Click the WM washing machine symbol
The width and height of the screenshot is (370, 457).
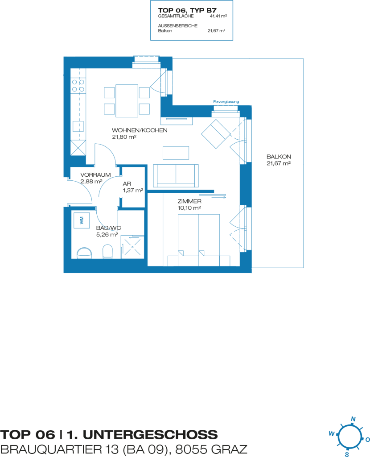tap(82, 220)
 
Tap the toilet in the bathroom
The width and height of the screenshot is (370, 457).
tap(107, 251)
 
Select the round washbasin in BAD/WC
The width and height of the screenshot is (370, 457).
tap(84, 253)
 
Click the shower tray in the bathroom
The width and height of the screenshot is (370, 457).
tap(132, 246)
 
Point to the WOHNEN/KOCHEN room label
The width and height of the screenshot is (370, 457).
tap(140, 130)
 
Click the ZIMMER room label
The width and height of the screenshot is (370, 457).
tap(189, 201)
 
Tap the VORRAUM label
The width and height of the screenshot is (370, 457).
tap(95, 174)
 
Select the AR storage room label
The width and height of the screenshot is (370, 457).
tap(127, 183)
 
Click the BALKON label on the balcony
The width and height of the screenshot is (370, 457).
tap(279, 157)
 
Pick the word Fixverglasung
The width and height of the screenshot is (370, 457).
tap(226, 102)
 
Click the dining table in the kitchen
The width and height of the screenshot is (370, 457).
tap(127, 101)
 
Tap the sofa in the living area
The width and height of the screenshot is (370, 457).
tap(176, 175)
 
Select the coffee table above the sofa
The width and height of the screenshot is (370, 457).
tap(176, 153)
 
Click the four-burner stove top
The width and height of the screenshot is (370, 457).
tap(78, 86)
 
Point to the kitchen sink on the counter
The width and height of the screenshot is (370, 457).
tap(78, 126)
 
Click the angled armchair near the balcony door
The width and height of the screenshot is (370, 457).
tap(216, 134)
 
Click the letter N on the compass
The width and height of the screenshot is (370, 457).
tap(354, 419)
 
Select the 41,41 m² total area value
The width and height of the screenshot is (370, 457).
tap(218, 17)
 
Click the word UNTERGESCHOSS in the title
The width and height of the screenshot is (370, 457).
tap(150, 435)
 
